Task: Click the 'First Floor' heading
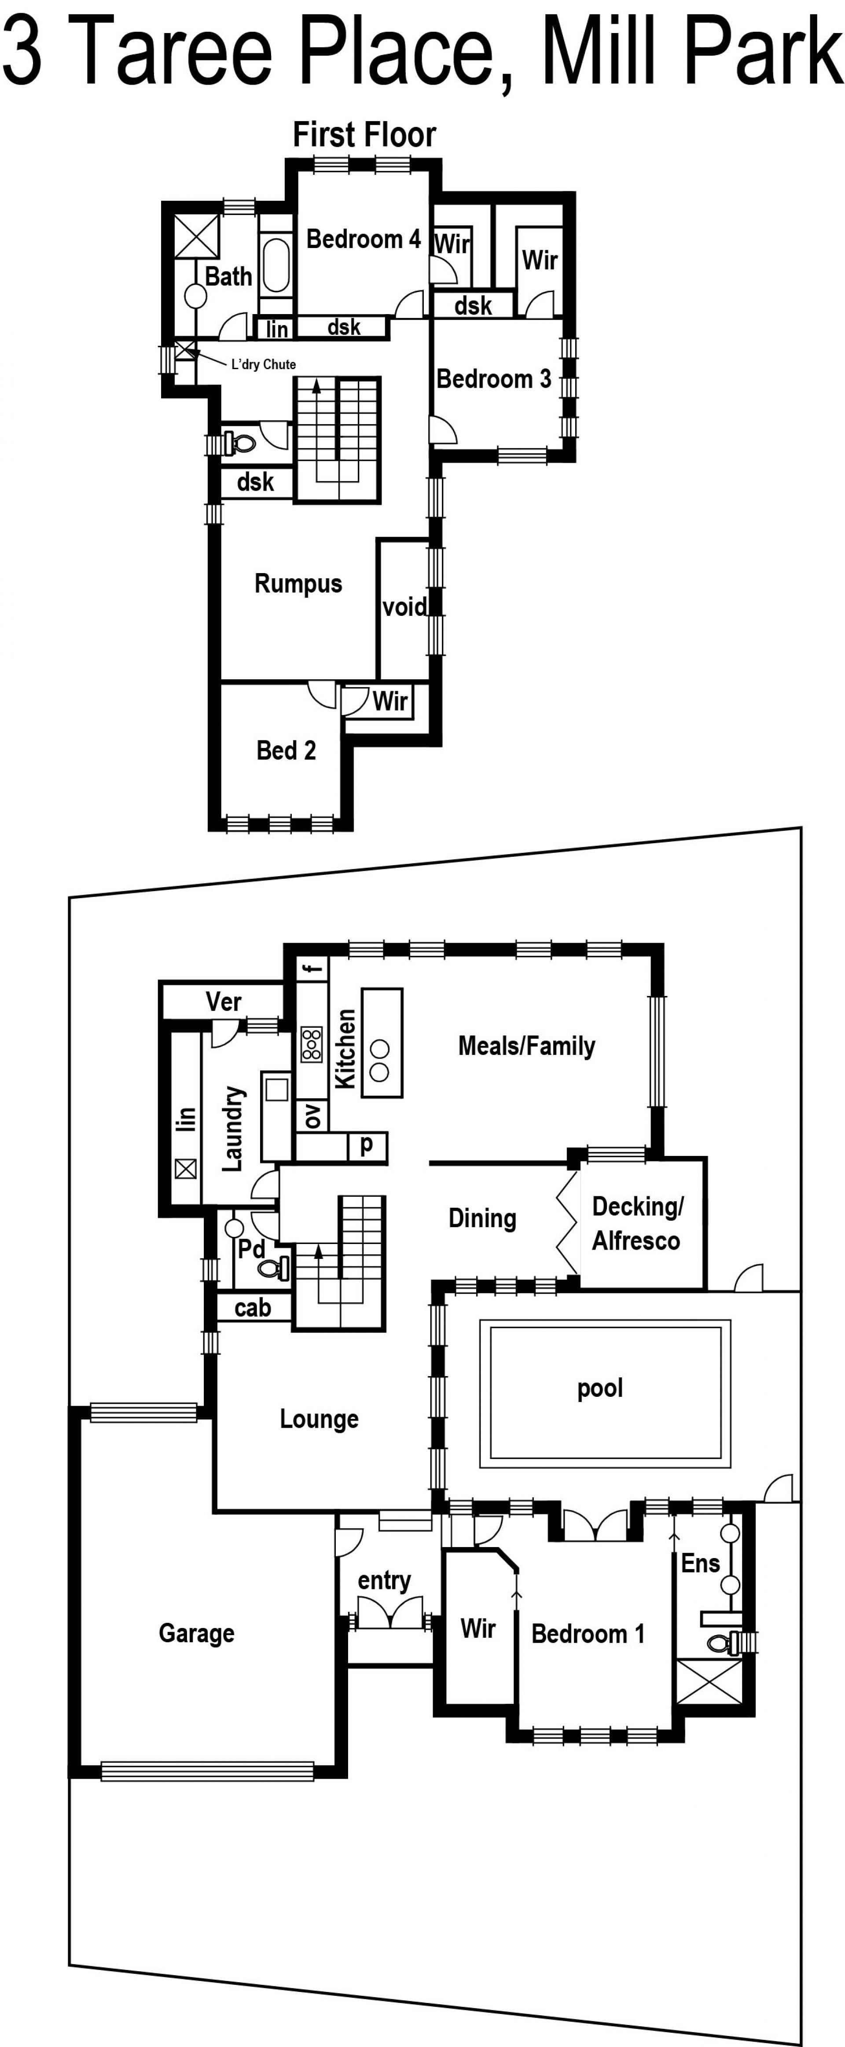364,135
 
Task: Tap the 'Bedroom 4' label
364,239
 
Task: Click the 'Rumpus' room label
298,584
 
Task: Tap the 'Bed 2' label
286,750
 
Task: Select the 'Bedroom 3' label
494,379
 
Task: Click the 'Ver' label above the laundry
223,1002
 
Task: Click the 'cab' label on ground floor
253,1308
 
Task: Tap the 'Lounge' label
319,1419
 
